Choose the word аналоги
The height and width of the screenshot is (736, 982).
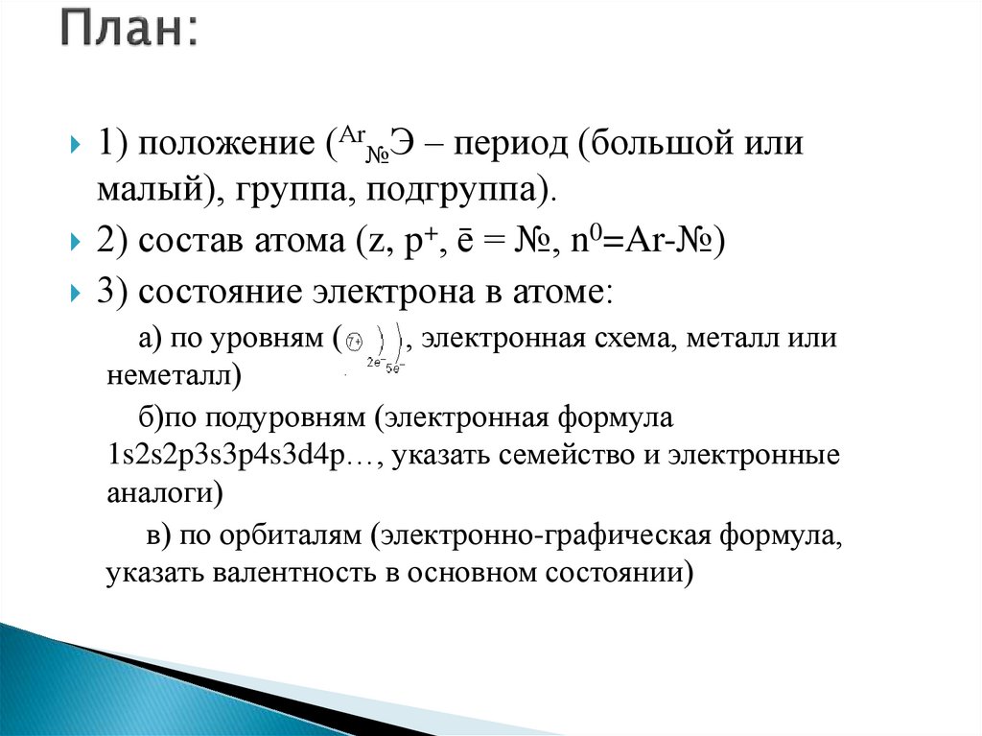(x=159, y=493)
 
